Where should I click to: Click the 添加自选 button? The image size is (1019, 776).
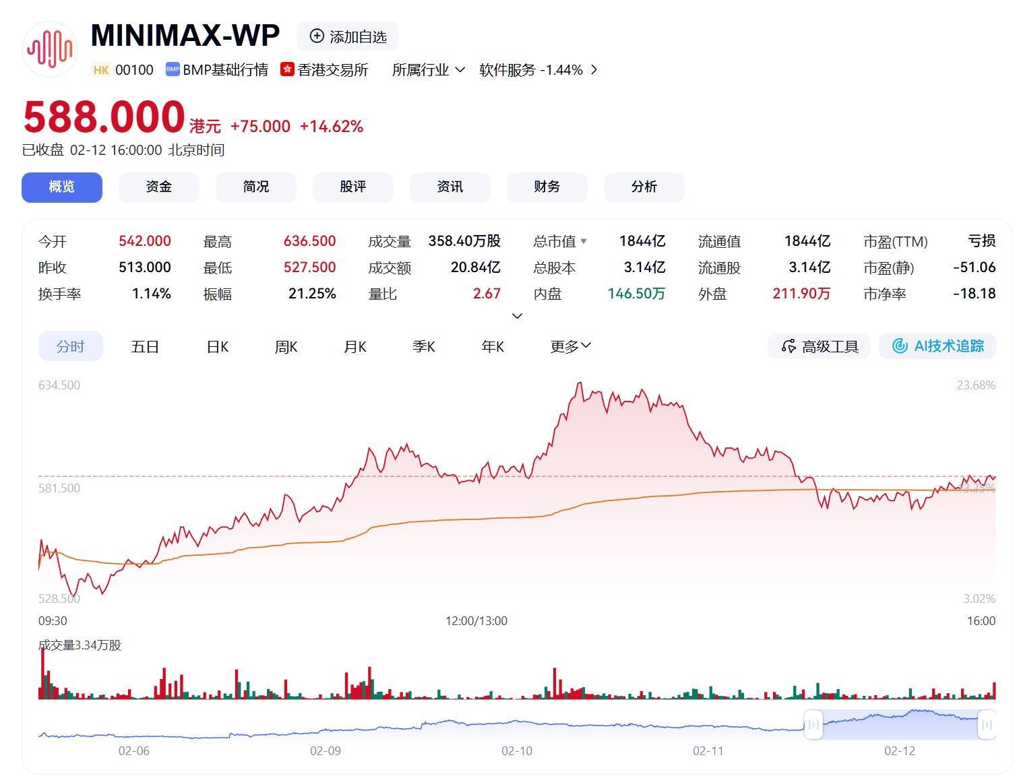[x=348, y=36]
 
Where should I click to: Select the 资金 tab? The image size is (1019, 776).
[x=159, y=187]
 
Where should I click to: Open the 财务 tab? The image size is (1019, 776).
[x=547, y=187]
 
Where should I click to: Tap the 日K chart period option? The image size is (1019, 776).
[x=217, y=346]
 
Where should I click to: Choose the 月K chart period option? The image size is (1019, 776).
[x=355, y=346]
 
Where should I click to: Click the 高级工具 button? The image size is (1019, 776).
[x=820, y=346]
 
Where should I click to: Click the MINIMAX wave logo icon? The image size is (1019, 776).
[x=49, y=49]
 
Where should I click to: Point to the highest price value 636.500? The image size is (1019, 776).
[x=309, y=241]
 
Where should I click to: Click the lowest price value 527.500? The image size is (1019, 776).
[x=309, y=267]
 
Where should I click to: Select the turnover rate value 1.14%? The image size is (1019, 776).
[x=152, y=294]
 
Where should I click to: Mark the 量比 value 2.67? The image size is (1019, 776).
[x=487, y=294]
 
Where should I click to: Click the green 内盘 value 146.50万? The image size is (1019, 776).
[x=636, y=294]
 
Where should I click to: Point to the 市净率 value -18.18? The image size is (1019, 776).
[x=974, y=294]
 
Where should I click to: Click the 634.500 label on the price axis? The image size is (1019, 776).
[x=59, y=385]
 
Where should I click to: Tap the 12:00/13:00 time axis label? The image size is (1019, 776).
[x=476, y=620]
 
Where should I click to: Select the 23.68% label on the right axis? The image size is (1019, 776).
[x=976, y=385]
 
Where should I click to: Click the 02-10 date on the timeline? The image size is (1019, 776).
[x=517, y=750]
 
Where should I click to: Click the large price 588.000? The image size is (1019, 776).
[x=104, y=117]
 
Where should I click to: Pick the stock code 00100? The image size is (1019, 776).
[x=134, y=70]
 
